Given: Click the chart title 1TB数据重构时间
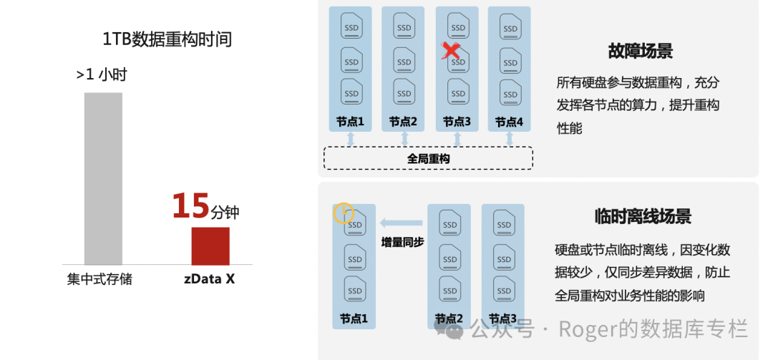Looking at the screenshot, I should click(167, 39).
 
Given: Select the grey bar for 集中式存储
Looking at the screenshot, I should click(103, 179).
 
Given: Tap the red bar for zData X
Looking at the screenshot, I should click(210, 246).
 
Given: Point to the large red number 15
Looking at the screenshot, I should click(190, 206).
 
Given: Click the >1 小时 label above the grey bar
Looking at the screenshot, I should click(102, 74).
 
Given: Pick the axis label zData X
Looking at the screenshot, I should click(209, 279).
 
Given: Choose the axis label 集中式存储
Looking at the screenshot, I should click(100, 279).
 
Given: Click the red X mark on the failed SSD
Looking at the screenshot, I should click(451, 51).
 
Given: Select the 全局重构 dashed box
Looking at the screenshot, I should click(428, 158).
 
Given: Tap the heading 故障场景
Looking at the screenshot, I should click(640, 52).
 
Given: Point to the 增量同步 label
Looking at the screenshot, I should click(402, 242).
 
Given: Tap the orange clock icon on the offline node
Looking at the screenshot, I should click(344, 212).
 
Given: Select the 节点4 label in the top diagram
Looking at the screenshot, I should click(509, 122).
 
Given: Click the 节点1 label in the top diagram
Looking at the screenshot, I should click(350, 122).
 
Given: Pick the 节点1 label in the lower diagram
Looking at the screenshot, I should click(354, 318).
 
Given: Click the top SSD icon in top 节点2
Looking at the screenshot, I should click(404, 26).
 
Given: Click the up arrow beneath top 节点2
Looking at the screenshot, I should click(404, 139).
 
